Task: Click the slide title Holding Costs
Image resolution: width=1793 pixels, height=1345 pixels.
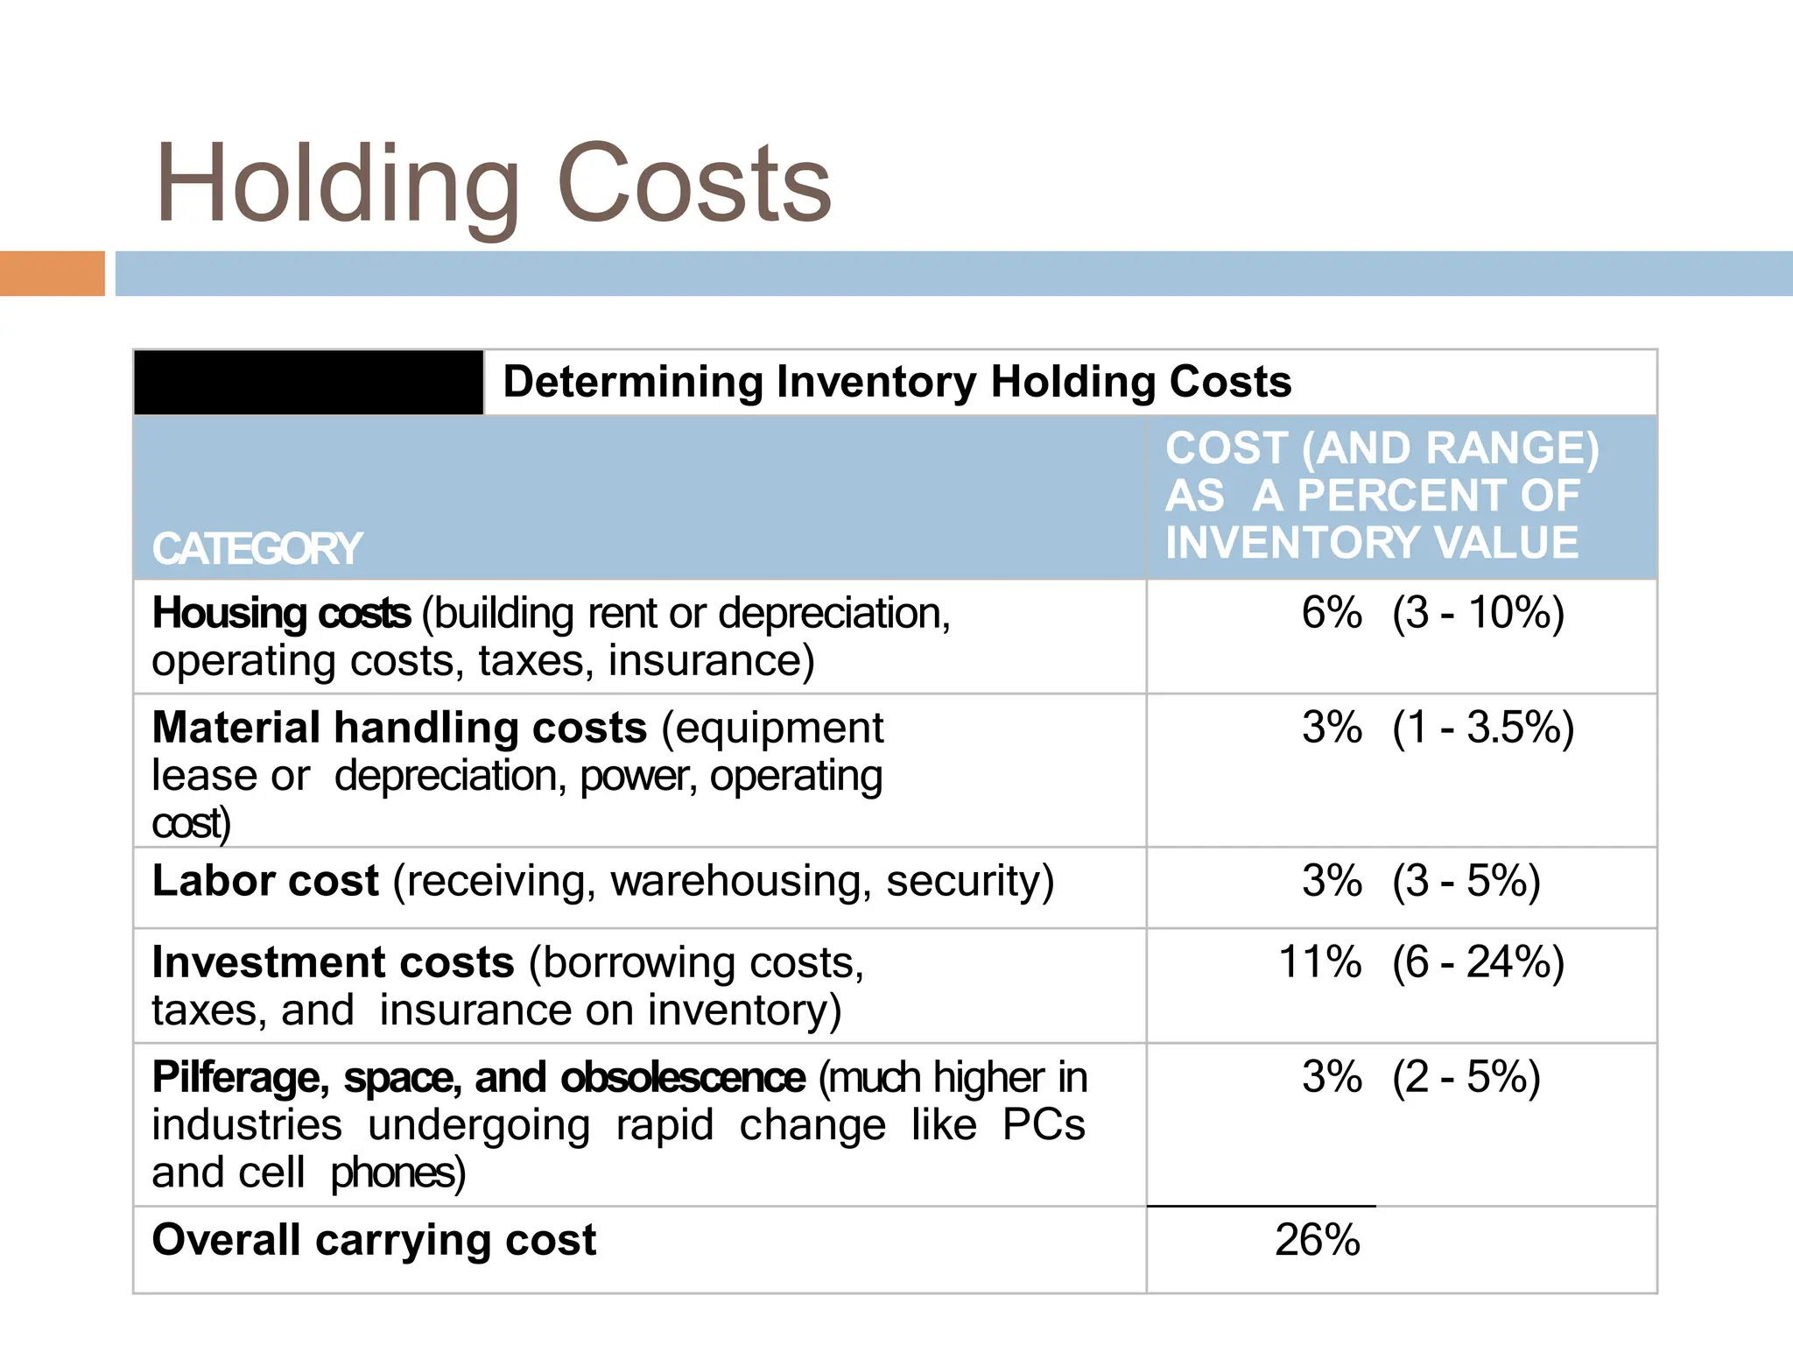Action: (x=493, y=185)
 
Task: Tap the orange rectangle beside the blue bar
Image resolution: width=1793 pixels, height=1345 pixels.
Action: (x=52, y=273)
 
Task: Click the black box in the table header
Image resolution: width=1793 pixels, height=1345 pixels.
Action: (x=308, y=383)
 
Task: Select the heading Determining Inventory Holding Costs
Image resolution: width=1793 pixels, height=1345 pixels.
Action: (x=896, y=383)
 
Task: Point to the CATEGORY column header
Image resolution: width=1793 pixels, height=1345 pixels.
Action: (x=257, y=549)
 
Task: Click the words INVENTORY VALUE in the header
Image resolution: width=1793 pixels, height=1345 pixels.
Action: (x=1372, y=543)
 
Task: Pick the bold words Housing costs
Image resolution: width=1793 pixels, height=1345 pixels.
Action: (x=281, y=613)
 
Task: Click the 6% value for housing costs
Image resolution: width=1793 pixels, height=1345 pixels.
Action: (x=1332, y=613)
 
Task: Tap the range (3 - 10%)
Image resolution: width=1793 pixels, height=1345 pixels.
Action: (x=1478, y=613)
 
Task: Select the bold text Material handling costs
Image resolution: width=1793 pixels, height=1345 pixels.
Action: (x=399, y=728)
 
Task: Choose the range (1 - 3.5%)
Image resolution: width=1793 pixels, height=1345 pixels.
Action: (x=1483, y=728)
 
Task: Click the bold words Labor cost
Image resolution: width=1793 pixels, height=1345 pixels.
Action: (x=265, y=881)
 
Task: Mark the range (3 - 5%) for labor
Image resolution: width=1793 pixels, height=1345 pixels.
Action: (x=1466, y=881)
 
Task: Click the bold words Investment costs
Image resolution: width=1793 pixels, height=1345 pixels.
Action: (x=333, y=962)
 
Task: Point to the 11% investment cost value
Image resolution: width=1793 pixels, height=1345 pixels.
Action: (x=1320, y=962)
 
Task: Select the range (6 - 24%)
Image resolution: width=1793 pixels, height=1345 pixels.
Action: (x=1478, y=962)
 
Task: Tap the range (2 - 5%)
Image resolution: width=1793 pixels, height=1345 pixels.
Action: (x=1466, y=1078)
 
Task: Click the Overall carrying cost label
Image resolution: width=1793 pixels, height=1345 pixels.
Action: (x=374, y=1240)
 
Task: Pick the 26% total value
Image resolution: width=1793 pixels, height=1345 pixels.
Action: (x=1318, y=1240)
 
